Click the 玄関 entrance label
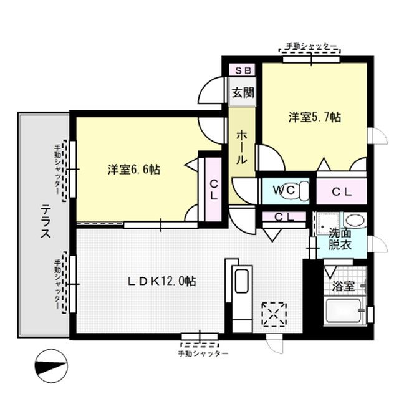click(x=243, y=93)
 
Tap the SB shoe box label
click(x=243, y=70)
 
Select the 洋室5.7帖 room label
click(x=315, y=117)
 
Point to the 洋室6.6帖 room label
click(x=134, y=170)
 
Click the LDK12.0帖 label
click(x=161, y=281)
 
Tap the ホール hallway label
click(x=241, y=148)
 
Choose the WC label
click(x=284, y=190)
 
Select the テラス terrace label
click(x=46, y=221)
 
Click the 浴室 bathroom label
click(x=344, y=286)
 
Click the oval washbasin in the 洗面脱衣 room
click(x=355, y=220)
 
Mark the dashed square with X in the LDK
click(x=274, y=314)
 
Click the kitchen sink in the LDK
click(x=241, y=281)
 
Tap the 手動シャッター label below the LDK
click(x=203, y=354)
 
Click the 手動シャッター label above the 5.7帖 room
click(x=311, y=46)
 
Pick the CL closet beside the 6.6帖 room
click(x=213, y=190)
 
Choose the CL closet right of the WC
click(x=341, y=191)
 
